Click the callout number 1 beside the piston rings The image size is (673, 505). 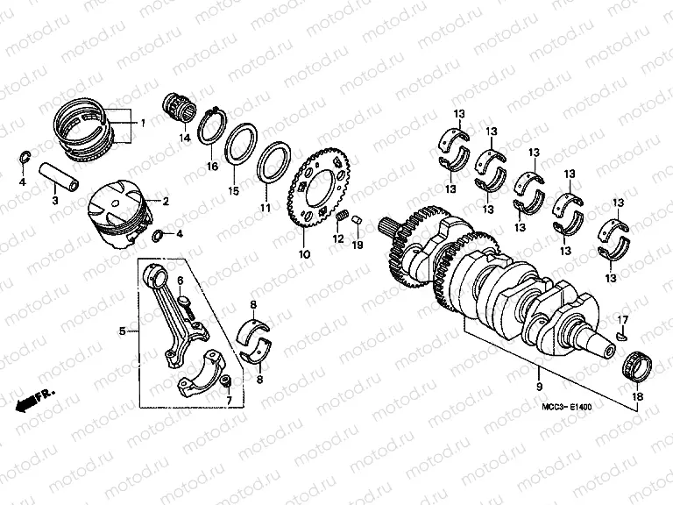tap(143, 124)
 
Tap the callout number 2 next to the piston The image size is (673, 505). tap(165, 201)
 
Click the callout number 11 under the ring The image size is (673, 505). tap(265, 209)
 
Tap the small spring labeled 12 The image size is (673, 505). tap(344, 217)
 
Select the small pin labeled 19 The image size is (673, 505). tap(357, 222)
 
